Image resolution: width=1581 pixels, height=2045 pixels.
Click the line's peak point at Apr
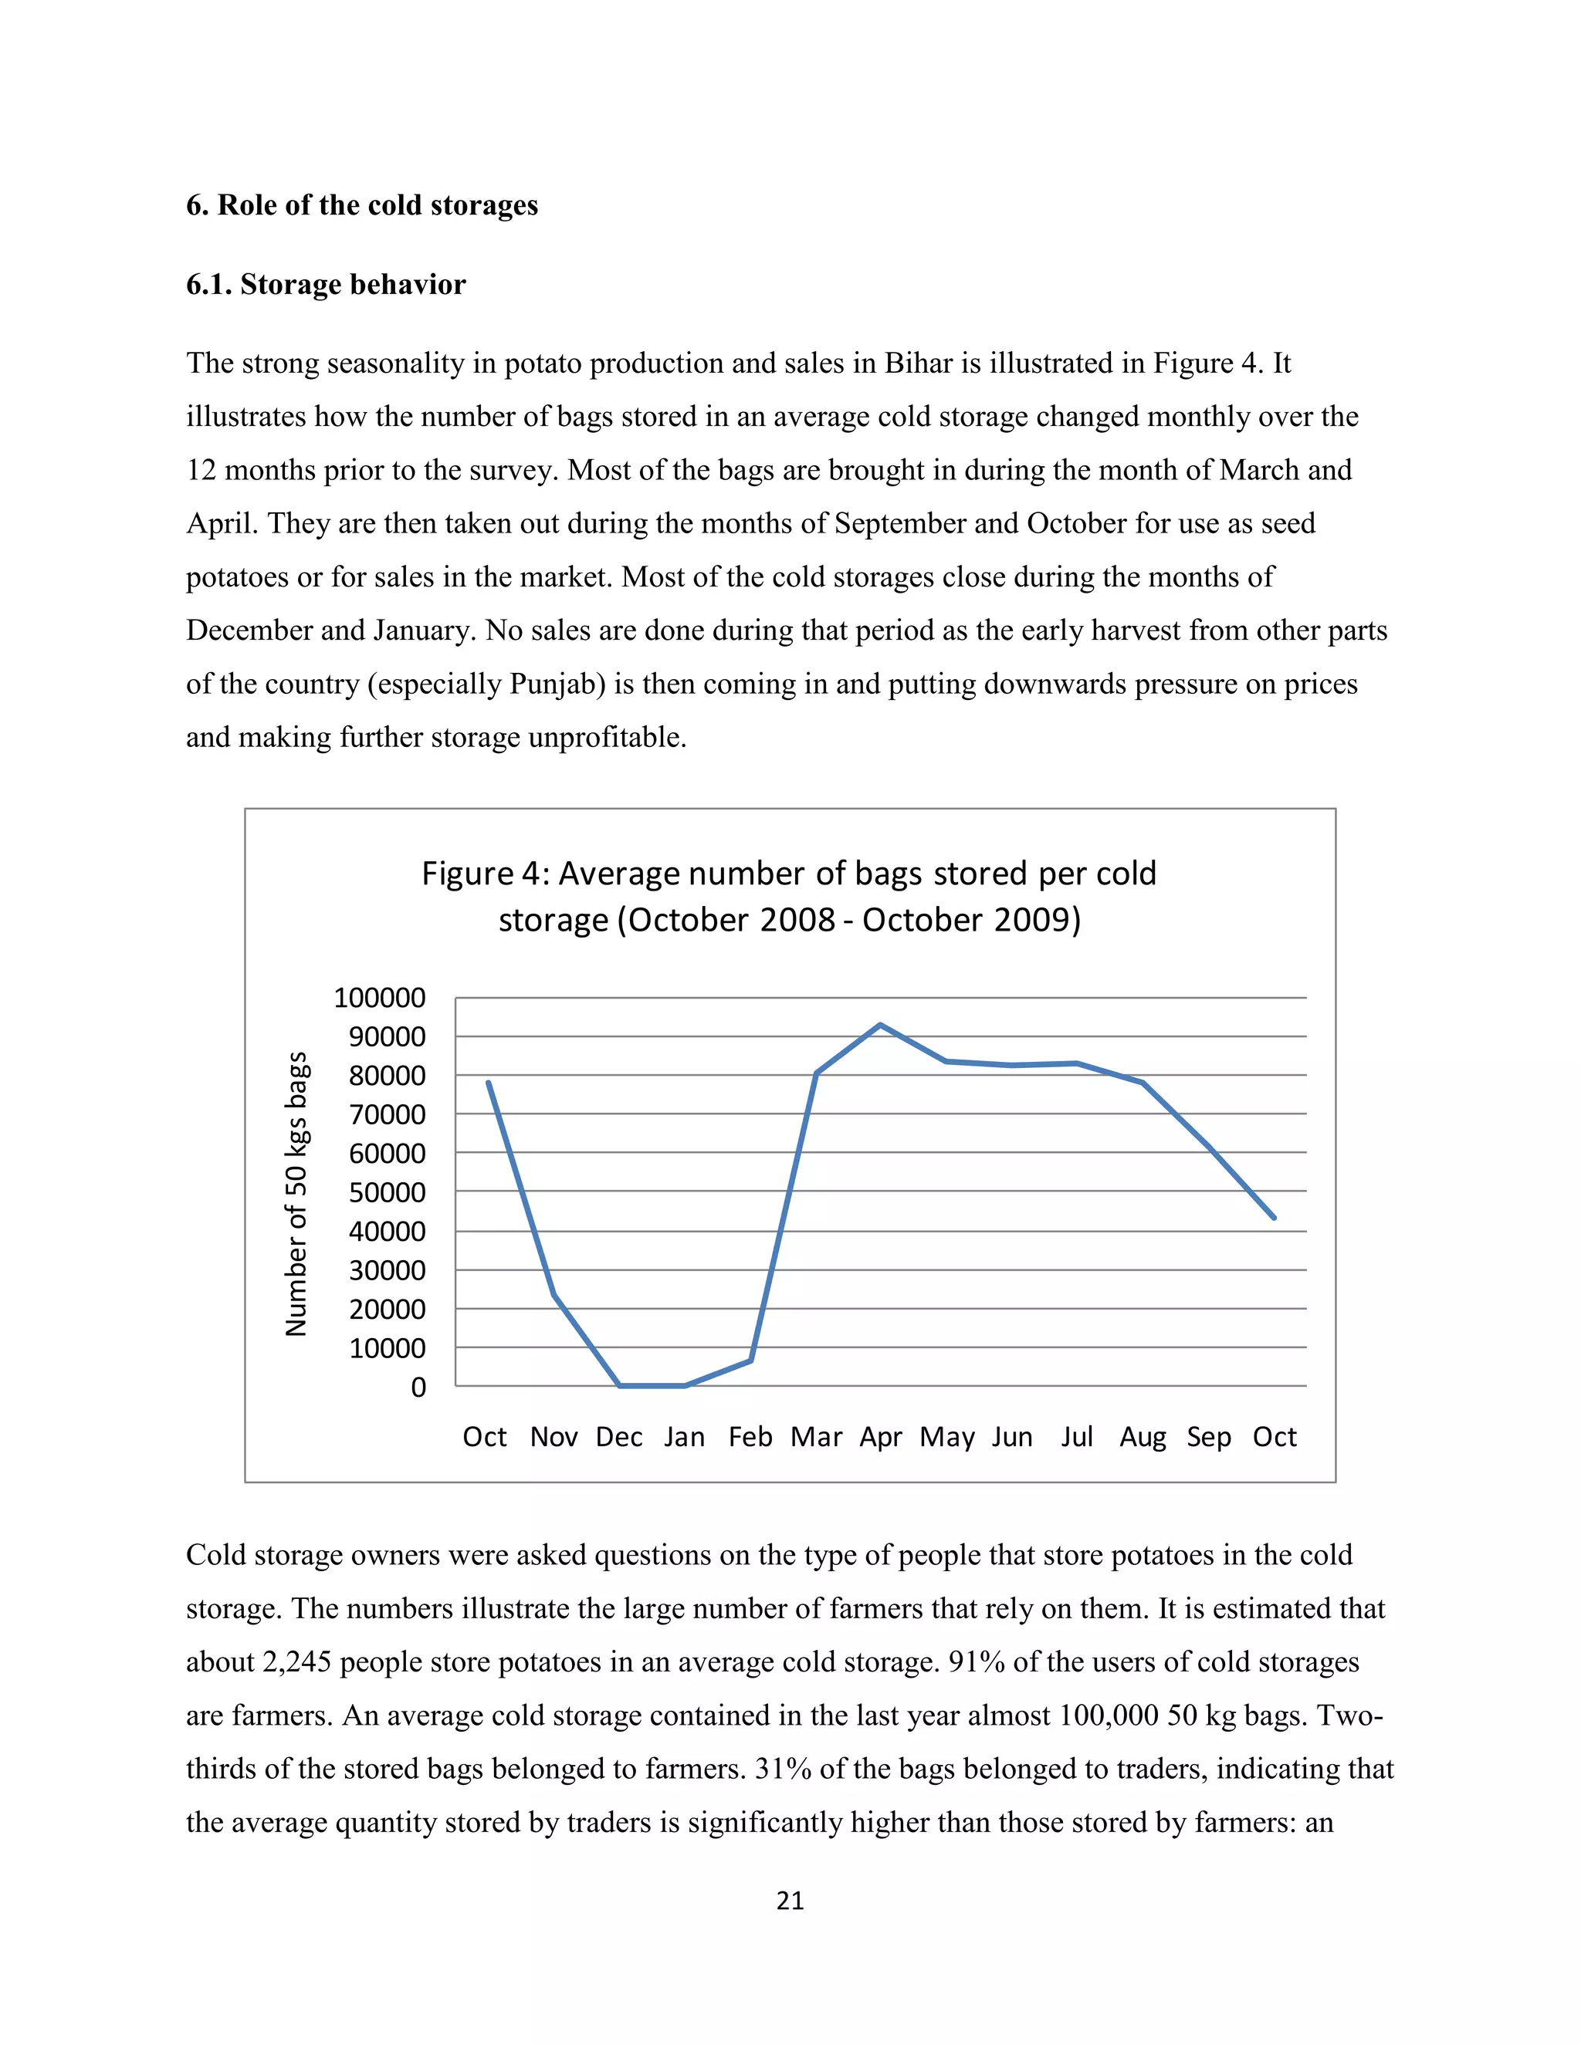(880, 1024)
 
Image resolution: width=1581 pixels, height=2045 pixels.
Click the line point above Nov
(554, 1295)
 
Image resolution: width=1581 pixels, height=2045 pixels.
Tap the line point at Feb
(751, 1360)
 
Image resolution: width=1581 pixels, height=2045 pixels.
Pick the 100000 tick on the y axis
(379, 998)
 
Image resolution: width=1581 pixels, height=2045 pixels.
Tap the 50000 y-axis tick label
(387, 1193)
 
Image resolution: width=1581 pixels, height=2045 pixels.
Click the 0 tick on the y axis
(418, 1387)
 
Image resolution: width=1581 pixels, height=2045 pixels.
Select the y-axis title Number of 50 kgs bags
(296, 1193)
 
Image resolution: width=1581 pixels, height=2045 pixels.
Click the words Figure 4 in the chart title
(480, 874)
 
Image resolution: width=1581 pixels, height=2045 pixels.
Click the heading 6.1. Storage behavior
(325, 285)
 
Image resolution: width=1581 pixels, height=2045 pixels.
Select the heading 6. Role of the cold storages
(361, 205)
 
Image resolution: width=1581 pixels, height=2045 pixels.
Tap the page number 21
(790, 1901)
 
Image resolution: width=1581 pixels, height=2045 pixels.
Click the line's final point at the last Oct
(1274, 1217)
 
